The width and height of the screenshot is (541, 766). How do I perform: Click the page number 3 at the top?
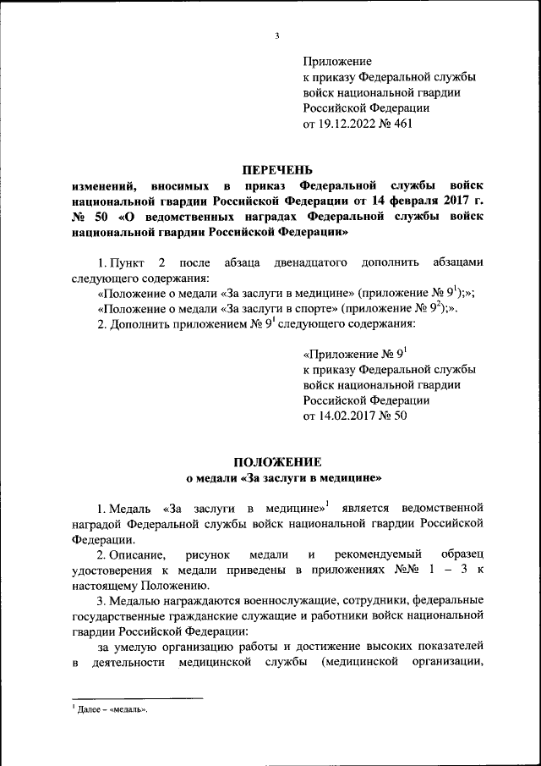(x=277, y=35)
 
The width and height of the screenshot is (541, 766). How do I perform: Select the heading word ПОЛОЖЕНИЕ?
(x=277, y=462)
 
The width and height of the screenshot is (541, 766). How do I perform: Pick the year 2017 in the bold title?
(x=440, y=200)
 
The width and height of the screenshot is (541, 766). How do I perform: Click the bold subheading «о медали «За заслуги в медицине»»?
(x=277, y=478)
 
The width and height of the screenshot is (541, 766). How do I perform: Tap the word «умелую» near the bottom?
(x=143, y=648)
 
